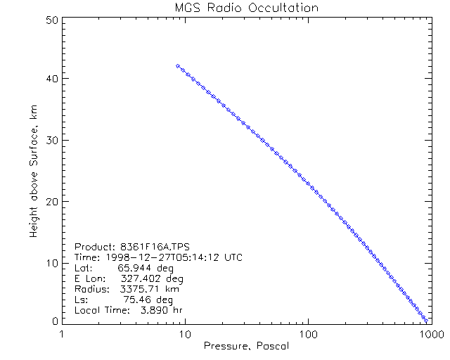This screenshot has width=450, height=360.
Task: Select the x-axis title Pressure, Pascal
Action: tap(245, 346)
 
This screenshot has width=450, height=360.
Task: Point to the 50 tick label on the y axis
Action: tap(50, 20)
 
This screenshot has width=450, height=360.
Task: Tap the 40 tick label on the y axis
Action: tap(50, 79)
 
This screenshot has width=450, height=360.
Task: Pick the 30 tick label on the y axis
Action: tap(50, 140)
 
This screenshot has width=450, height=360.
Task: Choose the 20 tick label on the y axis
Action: tap(50, 201)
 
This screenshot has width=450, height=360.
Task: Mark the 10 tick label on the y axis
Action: tap(50, 262)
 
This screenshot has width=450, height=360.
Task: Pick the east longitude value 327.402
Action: tap(143, 278)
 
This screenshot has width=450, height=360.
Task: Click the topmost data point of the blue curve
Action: tap(178, 65)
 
